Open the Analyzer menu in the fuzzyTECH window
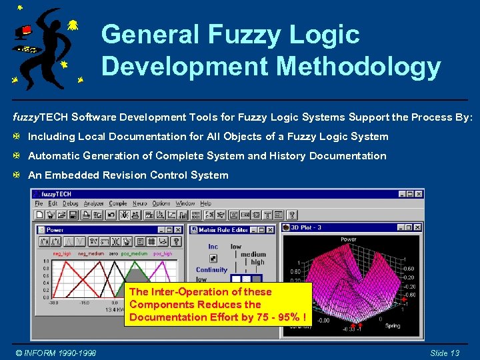point(95,203)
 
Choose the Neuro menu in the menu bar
point(140,203)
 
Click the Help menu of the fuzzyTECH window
point(205,203)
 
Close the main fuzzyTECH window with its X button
point(419,193)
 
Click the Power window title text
point(55,229)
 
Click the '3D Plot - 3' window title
point(307,227)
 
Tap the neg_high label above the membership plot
point(62,253)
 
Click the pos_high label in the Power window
point(163,253)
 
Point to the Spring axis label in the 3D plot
point(393,325)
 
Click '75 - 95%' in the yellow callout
point(279,317)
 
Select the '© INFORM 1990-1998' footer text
point(56,353)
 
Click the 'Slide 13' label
point(445,353)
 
